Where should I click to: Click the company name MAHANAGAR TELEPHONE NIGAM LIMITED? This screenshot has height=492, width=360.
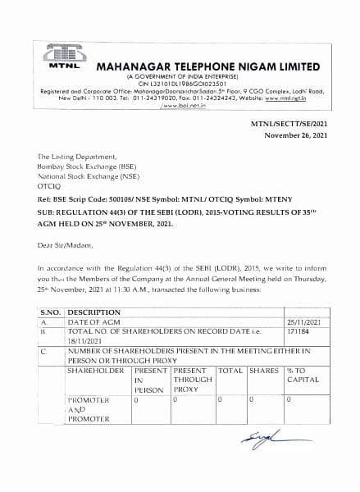coord(208,65)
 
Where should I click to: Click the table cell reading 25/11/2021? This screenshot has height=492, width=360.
coord(301,323)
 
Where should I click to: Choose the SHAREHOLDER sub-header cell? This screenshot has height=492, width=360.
coord(95,371)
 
